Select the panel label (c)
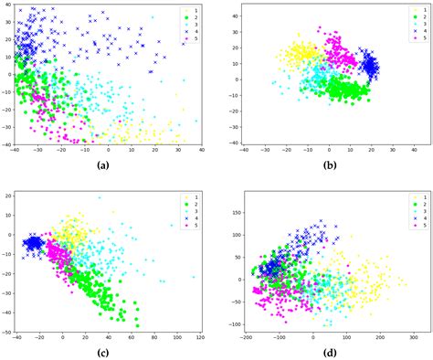107,353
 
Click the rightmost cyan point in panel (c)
193,276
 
